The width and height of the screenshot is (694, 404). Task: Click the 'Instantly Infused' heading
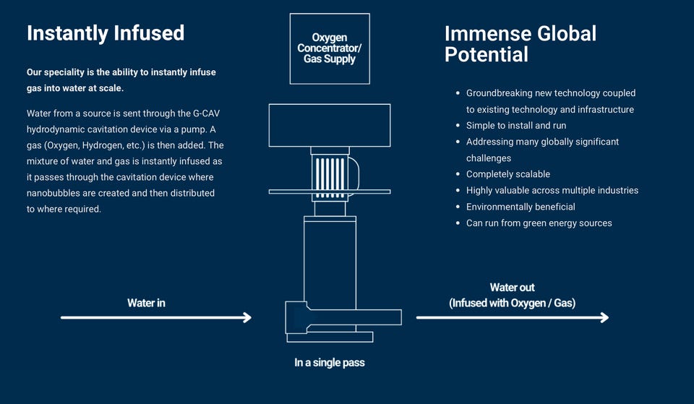pyautogui.click(x=106, y=33)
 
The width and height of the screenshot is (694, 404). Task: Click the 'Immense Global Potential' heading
pyautogui.click(x=520, y=43)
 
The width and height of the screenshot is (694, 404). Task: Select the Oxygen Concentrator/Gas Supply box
pyautogui.click(x=330, y=48)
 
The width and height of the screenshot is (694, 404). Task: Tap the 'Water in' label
pyautogui.click(x=146, y=303)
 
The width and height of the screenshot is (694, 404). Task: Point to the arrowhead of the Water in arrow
pyautogui.click(x=247, y=317)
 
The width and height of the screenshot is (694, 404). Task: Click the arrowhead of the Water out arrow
pyautogui.click(x=604, y=317)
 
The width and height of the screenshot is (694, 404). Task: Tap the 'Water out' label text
pyautogui.click(x=512, y=288)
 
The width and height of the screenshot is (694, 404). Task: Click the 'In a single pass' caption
pyautogui.click(x=330, y=363)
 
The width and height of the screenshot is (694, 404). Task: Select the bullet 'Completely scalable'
pyautogui.click(x=508, y=174)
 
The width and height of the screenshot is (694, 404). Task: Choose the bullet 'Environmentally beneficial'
pyautogui.click(x=520, y=207)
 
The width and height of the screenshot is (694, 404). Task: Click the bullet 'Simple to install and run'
pyautogui.click(x=516, y=125)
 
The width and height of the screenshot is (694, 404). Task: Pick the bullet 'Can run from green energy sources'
pyautogui.click(x=539, y=223)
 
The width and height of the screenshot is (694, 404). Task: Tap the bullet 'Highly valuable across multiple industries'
pyautogui.click(x=552, y=190)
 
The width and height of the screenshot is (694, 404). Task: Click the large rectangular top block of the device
pyautogui.click(x=330, y=125)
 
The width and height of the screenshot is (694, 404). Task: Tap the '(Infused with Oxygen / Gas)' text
pyautogui.click(x=512, y=303)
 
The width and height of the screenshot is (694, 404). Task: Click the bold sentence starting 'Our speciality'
pyautogui.click(x=121, y=80)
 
